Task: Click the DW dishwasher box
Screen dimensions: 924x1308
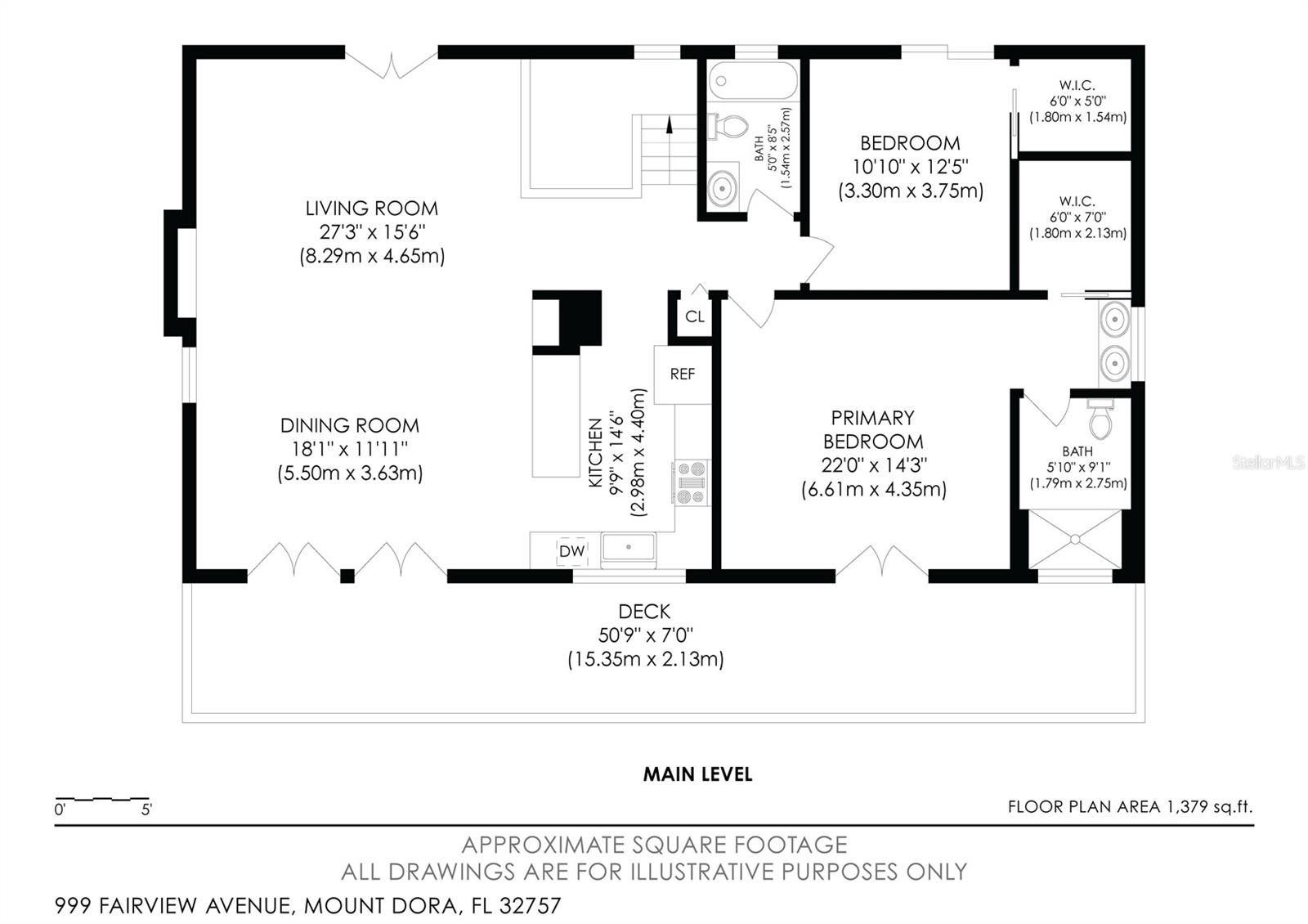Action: [571, 551]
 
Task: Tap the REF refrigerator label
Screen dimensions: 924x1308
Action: [682, 375]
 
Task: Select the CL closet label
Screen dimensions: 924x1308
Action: [695, 316]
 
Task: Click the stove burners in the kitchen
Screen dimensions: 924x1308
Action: [692, 482]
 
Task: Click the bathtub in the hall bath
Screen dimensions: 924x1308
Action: [753, 81]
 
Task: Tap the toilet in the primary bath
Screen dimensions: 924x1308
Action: [1100, 420]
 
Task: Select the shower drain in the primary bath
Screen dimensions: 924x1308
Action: [1075, 539]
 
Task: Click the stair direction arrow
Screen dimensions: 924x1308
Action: [670, 124]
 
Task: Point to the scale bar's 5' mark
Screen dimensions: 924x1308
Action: [146, 810]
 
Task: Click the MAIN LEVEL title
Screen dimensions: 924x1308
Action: [697, 774]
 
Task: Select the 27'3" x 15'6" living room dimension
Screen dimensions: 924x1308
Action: [372, 231]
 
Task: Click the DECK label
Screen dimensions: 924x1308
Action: [644, 612]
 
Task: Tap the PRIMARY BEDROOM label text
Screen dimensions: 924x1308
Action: [872, 430]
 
